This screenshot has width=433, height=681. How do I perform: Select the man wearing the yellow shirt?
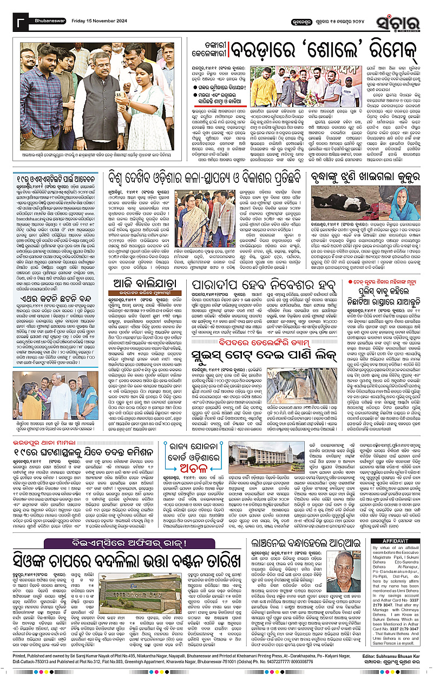(264, 87)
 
